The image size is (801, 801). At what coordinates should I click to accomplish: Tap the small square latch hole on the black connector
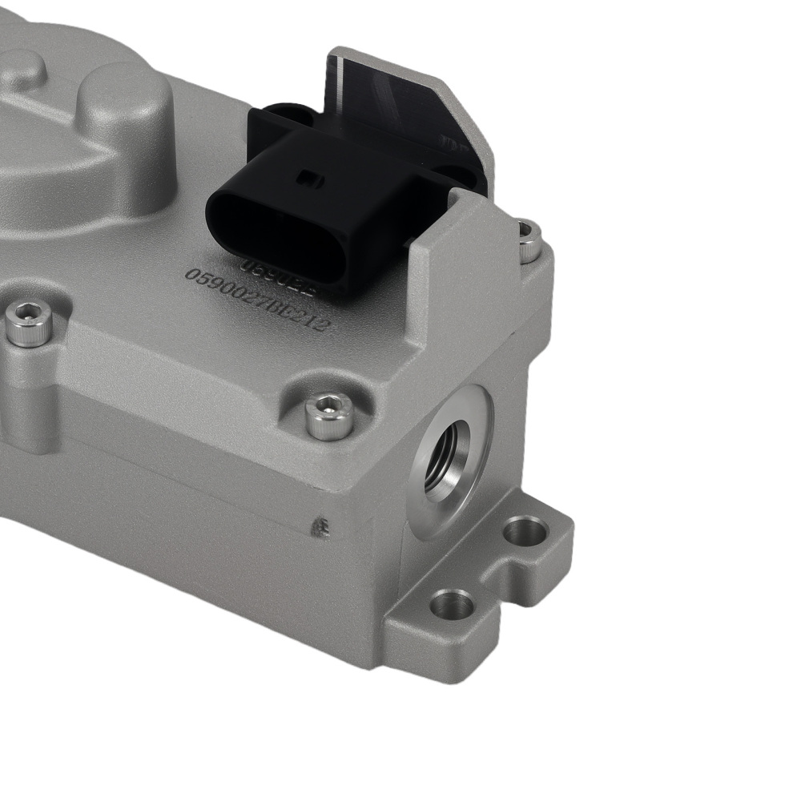[307, 179]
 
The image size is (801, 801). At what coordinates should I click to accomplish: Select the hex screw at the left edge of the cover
[29, 324]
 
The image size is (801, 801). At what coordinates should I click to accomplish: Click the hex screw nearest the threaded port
[329, 416]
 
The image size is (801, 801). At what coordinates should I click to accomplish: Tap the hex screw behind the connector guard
[529, 240]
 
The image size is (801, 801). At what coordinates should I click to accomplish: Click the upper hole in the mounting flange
[526, 529]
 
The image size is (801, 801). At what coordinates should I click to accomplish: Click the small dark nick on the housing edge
[321, 527]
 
